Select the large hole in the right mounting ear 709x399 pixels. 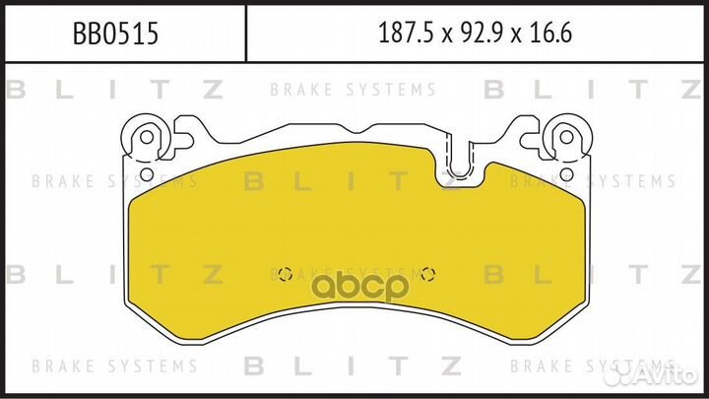(x=564, y=134)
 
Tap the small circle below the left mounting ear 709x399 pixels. (x=147, y=174)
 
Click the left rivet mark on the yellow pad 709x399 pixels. (x=286, y=274)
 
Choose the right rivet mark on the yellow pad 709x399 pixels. (x=426, y=274)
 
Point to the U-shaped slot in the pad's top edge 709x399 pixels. (x=460, y=158)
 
